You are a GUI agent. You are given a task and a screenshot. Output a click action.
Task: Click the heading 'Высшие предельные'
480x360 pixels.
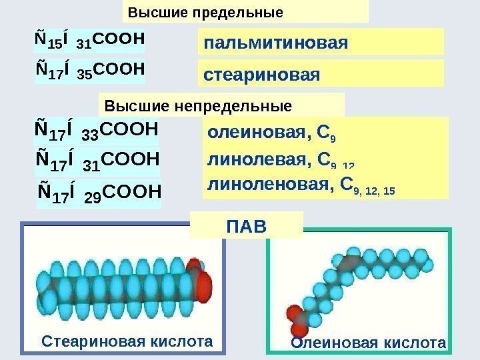[205, 13]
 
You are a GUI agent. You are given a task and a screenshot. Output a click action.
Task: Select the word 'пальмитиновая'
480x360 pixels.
[276, 43]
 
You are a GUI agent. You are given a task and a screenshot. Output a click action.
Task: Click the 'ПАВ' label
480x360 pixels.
[246, 226]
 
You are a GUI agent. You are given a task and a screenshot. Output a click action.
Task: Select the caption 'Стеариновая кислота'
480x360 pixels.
[127, 341]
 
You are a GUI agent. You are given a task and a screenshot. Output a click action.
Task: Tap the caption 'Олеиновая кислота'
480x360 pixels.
[368, 343]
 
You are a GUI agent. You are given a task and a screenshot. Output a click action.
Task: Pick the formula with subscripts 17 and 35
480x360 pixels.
[89, 69]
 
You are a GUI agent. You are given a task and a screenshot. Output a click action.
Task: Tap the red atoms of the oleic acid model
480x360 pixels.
[295, 318]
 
